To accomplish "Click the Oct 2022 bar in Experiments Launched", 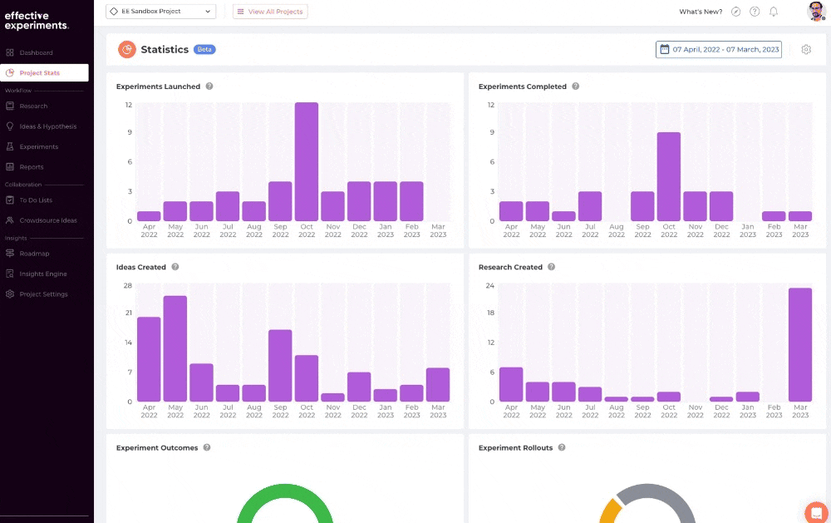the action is tap(307, 162).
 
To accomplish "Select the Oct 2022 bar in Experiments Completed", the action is tap(669, 176).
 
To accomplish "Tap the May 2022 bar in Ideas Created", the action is tap(175, 348).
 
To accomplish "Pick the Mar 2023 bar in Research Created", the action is tap(800, 345).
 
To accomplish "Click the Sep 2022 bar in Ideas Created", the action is tap(280, 366).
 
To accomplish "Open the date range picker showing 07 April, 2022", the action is tap(719, 49).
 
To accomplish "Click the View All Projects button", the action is tap(270, 11).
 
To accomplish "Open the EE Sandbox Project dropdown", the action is tap(160, 11).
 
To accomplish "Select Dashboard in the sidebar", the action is tap(36, 52).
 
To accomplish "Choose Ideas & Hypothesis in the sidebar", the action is tap(47, 126).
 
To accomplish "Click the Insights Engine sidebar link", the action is tap(43, 274).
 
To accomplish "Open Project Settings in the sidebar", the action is tap(43, 294).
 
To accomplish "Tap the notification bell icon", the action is tap(774, 12).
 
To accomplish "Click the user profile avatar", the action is tap(816, 11).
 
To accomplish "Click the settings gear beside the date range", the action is tap(806, 49).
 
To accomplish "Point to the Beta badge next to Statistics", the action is tap(204, 49).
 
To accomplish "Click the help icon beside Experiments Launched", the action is tap(209, 86).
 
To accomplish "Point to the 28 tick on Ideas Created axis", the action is tap(128, 285).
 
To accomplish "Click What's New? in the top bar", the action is tap(701, 12).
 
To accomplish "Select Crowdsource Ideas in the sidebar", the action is tap(47, 220).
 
